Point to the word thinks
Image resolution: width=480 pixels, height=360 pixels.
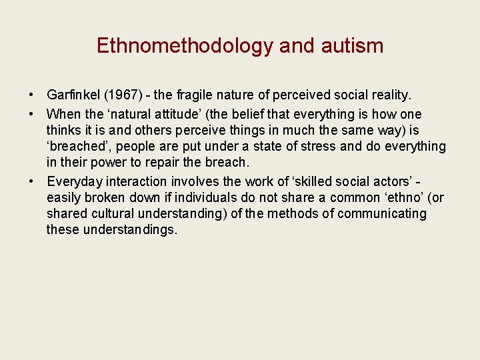click(x=64, y=130)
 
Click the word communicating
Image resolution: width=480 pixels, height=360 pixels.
click(x=382, y=214)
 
